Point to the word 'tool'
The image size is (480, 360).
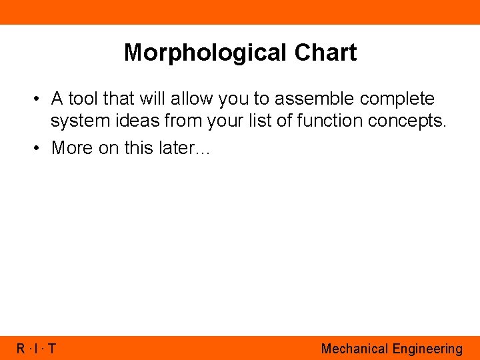tap(83, 99)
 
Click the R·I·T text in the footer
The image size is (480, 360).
tap(37, 349)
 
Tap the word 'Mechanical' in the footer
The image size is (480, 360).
tap(354, 349)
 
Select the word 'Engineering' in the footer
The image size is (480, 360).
tap(427, 349)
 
